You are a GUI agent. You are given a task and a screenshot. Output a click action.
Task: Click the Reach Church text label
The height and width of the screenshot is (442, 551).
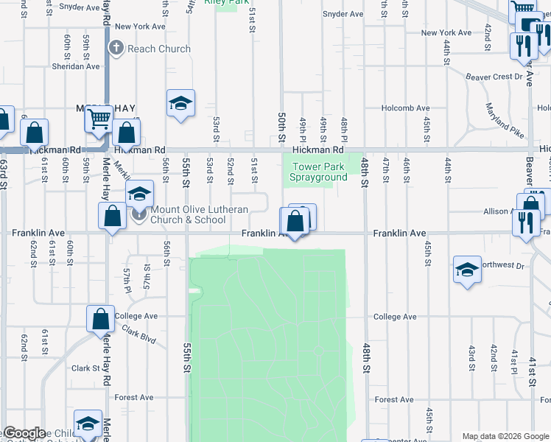coord(159,49)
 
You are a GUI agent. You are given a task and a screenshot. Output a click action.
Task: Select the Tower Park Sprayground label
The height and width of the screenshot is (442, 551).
coord(318,172)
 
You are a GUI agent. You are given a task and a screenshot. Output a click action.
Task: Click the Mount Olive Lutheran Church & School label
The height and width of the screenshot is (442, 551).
coord(188,214)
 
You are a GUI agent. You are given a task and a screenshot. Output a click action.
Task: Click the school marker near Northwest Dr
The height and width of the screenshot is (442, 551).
coord(467,270)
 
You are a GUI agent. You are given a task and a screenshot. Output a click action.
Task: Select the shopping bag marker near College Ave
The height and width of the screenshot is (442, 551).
coord(101,320)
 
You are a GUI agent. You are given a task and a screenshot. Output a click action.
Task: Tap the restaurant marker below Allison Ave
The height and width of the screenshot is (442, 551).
coord(525,221)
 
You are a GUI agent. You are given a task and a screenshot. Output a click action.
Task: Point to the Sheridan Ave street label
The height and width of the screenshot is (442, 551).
coord(76,66)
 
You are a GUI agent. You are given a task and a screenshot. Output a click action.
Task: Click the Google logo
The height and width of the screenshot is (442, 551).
coord(24,433)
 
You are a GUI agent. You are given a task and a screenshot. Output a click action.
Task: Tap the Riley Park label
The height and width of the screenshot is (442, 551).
coord(227,2)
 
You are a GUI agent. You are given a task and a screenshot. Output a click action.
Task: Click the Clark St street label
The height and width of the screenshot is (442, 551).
coord(85,368)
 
